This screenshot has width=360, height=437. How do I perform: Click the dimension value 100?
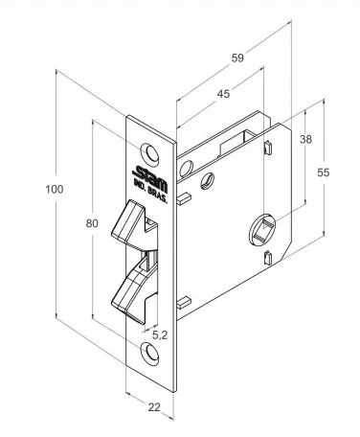click(x=55, y=189)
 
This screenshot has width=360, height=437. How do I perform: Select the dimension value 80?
click(x=92, y=223)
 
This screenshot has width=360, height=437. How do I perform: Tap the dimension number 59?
click(x=237, y=57)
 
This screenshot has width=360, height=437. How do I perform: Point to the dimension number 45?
click(x=223, y=94)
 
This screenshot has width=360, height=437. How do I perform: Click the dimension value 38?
click(x=305, y=139)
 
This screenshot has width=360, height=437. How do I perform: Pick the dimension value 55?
click(x=324, y=172)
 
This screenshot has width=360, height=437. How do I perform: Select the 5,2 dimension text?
click(x=160, y=334)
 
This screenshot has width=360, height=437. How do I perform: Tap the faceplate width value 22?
click(x=154, y=407)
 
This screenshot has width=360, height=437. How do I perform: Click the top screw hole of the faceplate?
click(x=150, y=152)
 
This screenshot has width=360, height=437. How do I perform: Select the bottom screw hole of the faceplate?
click(x=150, y=353)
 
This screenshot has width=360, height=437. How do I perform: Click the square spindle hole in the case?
click(x=262, y=228)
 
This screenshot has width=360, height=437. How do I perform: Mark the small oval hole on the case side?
click(x=208, y=180)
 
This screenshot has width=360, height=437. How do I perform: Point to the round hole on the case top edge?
click(x=186, y=169)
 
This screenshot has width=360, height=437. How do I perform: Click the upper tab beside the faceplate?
click(x=184, y=197)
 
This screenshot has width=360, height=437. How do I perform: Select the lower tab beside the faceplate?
click(x=184, y=303)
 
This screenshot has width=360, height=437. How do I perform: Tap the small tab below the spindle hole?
click(x=268, y=258)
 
